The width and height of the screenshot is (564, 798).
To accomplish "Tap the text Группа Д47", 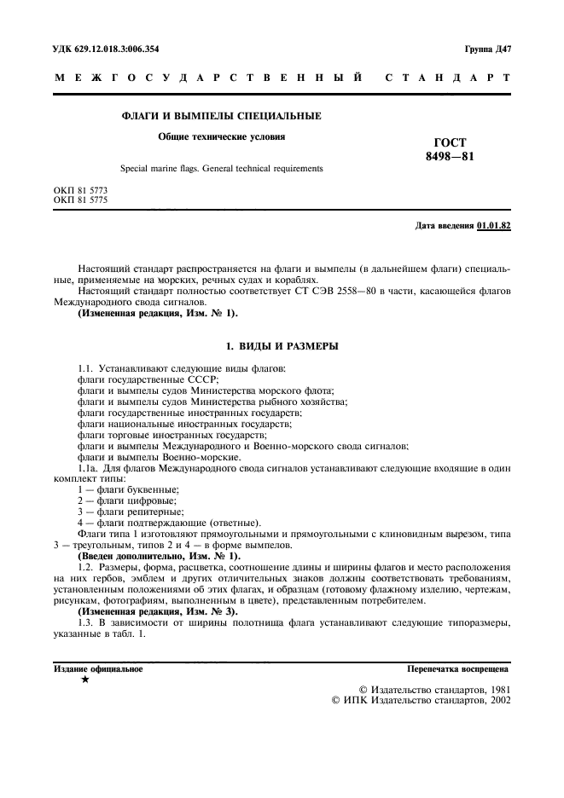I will tap(486, 48).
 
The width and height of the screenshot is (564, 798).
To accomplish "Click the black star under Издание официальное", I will tap(84, 681).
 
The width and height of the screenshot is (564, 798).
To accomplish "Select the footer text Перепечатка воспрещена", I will tap(458, 670).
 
